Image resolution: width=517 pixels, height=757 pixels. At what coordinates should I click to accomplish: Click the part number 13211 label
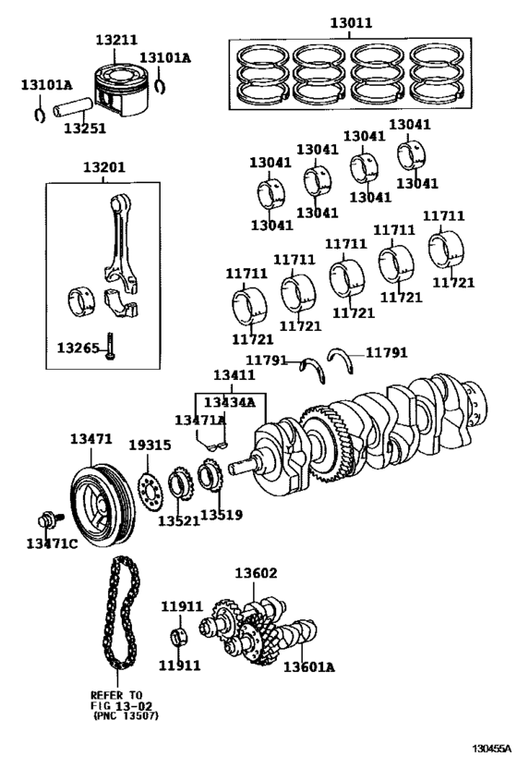pyautogui.click(x=117, y=41)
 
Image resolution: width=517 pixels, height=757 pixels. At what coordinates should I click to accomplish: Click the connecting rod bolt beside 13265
pyautogui.click(x=110, y=348)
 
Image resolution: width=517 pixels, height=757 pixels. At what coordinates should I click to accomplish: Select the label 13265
pyautogui.click(x=78, y=348)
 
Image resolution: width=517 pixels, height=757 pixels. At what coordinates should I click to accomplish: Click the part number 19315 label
pyautogui.click(x=149, y=446)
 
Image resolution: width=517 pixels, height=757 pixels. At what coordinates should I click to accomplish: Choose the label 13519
pyautogui.click(x=221, y=514)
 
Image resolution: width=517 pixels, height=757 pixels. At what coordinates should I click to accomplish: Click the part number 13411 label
pyautogui.click(x=234, y=375)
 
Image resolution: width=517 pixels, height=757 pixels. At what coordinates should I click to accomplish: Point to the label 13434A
pyautogui.click(x=229, y=402)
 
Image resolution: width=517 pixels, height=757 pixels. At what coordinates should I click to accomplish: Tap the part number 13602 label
pyautogui.click(x=256, y=574)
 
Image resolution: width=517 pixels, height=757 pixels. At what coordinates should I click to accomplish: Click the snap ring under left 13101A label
pyautogui.click(x=38, y=116)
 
